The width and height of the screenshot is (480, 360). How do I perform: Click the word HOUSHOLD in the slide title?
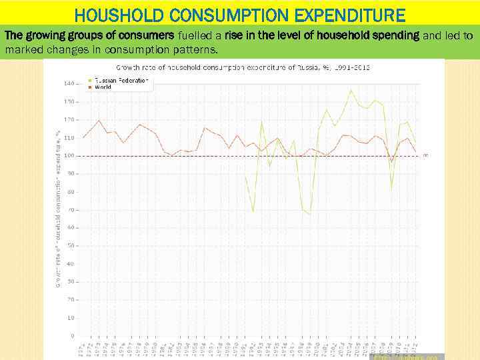point(123,15)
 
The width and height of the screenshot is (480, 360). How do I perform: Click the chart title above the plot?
point(243,67)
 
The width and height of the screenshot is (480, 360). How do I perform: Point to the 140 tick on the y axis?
point(69,83)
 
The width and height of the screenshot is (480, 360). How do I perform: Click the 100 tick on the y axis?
point(69,155)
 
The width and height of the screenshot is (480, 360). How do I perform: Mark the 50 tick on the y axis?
point(70,245)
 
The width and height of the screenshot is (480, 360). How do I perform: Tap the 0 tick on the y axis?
point(72,335)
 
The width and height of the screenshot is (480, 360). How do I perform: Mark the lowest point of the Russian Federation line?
point(309,215)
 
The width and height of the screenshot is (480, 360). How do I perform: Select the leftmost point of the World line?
point(83,137)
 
